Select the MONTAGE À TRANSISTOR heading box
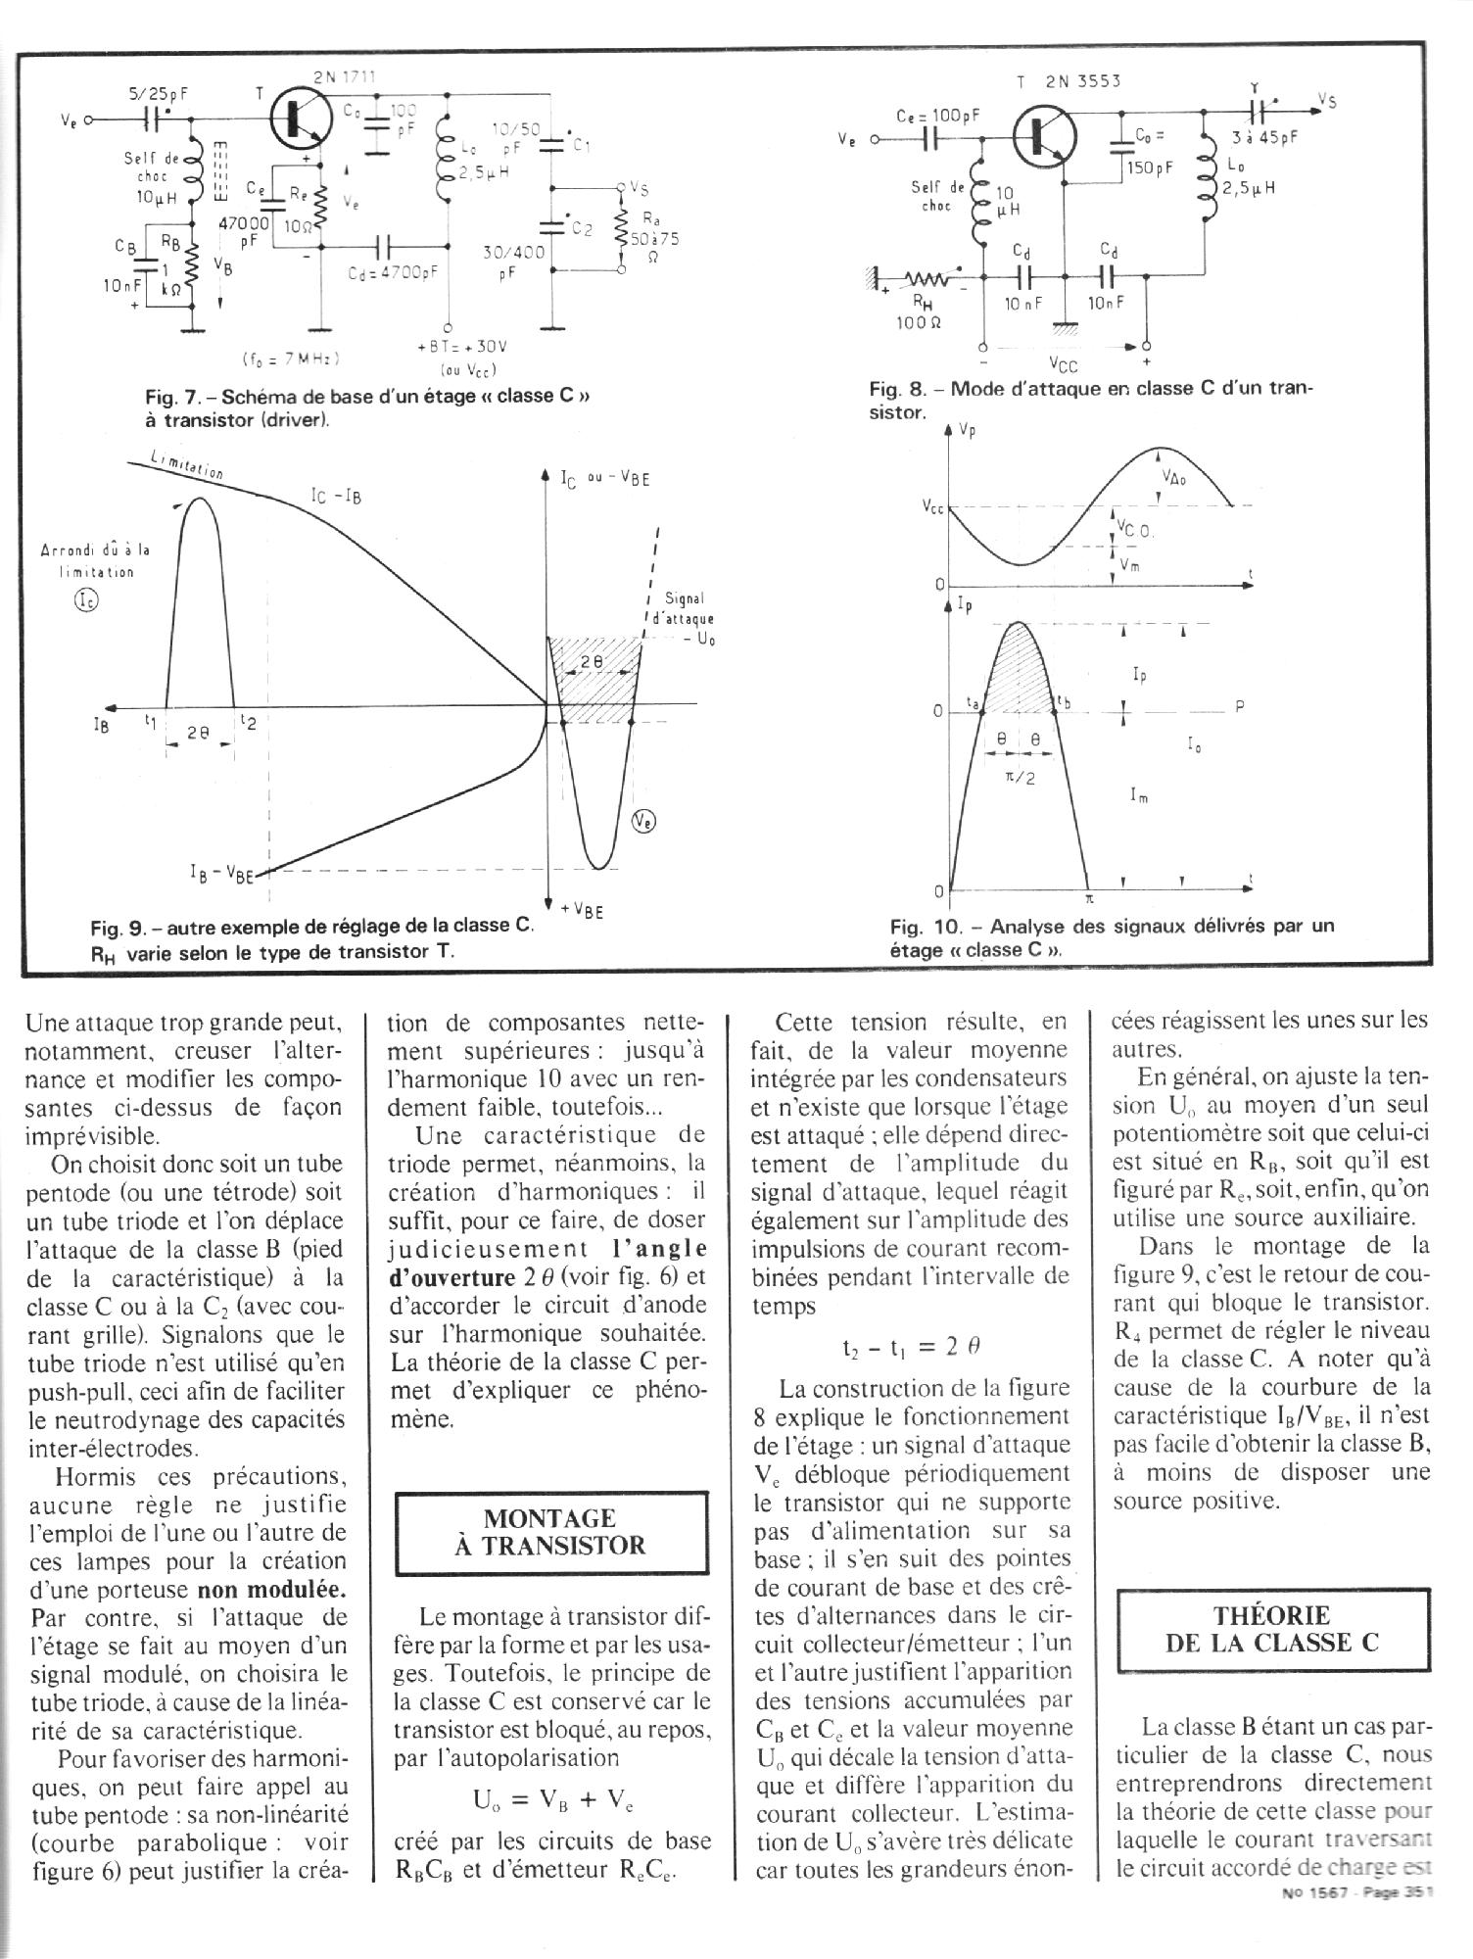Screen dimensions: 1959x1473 [549, 1532]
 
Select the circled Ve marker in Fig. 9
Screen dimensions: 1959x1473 [643, 822]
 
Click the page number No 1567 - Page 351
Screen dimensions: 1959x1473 [1355, 1893]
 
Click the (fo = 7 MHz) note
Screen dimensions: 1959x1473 [289, 358]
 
